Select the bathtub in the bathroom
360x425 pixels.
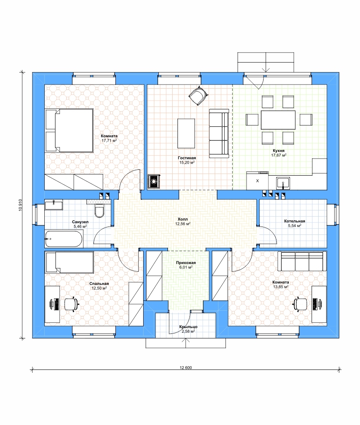pyautogui.click(x=64, y=239)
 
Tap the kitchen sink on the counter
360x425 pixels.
pyautogui.click(x=283, y=183)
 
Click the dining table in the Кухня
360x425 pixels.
pyautogui.click(x=278, y=120)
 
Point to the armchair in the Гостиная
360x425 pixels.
pyautogui.click(x=198, y=95)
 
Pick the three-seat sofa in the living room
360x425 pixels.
pyautogui.click(x=219, y=133)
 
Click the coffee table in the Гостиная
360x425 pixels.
pyautogui.click(x=186, y=133)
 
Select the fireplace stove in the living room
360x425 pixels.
pyautogui.click(x=154, y=181)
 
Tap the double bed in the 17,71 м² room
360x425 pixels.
pyautogui.click(x=69, y=130)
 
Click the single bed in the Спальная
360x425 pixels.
pyautogui.click(x=70, y=262)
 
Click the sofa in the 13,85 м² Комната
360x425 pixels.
pyautogui.click(x=302, y=261)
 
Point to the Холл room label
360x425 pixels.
pyautogui.click(x=183, y=219)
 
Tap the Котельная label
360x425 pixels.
pyautogui.click(x=295, y=221)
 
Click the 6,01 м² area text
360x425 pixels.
pyautogui.click(x=186, y=267)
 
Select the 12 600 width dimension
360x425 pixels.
pyautogui.click(x=186, y=367)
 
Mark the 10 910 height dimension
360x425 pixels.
pyautogui.click(x=20, y=205)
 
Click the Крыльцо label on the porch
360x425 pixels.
pyautogui.click(x=188, y=327)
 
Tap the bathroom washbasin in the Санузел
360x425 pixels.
pyautogui.click(x=54, y=205)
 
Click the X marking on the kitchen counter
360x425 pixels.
pyautogui.click(x=257, y=181)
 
